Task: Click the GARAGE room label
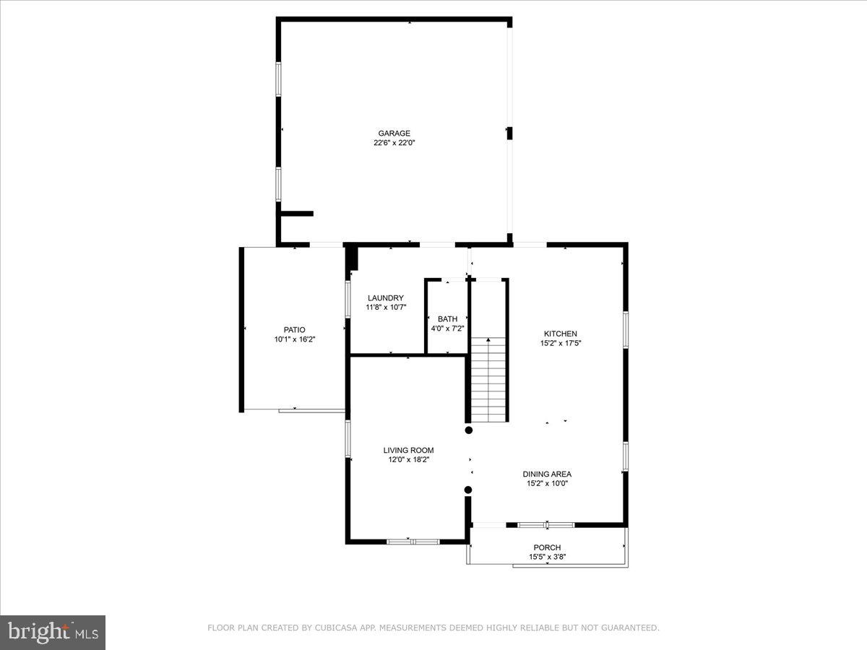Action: (394, 133)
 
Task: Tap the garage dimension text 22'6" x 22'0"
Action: (394, 143)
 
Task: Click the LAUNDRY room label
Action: (386, 298)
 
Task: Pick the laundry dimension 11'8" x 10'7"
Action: (386, 307)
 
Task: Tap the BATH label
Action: (447, 318)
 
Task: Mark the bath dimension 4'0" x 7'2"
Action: (447, 329)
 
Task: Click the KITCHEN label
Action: (561, 334)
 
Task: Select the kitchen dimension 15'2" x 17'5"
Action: (561, 343)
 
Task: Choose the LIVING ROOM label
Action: (408, 450)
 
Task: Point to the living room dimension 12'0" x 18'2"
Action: (408, 459)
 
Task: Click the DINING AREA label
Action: (547, 474)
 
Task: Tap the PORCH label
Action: (547, 547)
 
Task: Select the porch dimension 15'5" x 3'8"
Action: (547, 557)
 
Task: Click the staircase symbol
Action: (489, 381)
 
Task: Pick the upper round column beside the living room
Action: (468, 430)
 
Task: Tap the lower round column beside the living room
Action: (468, 490)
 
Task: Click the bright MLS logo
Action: (53, 633)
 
